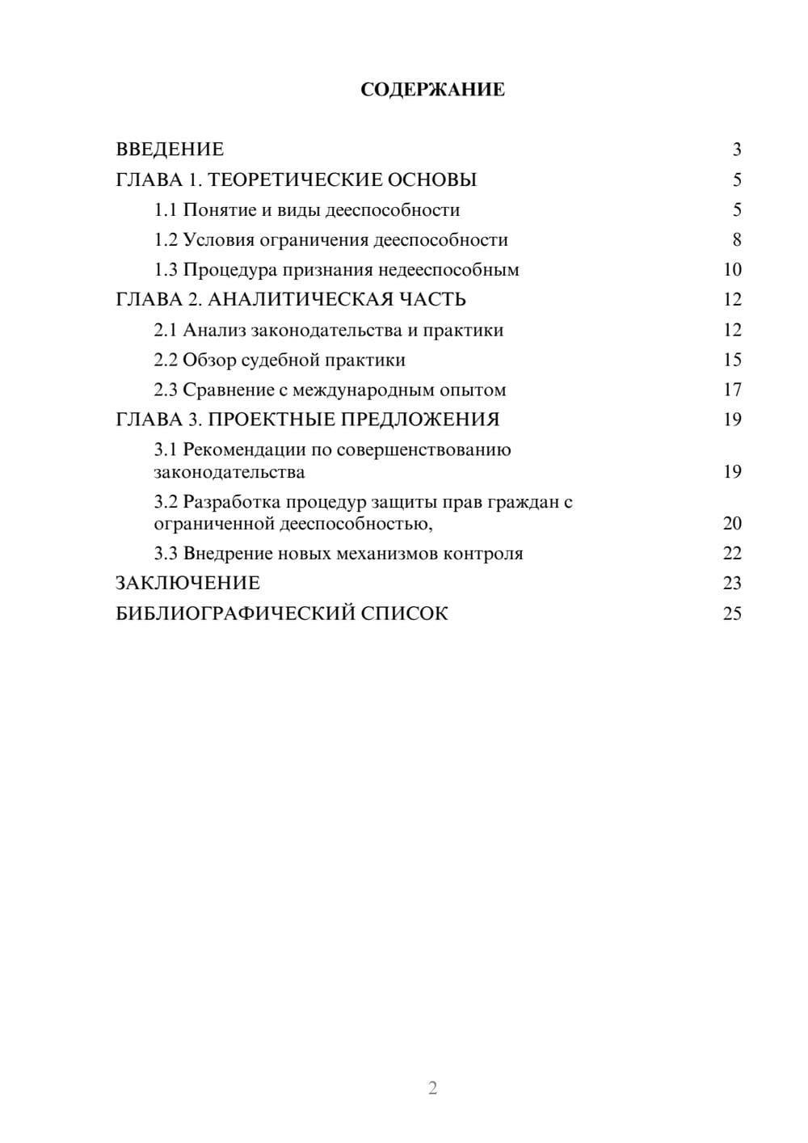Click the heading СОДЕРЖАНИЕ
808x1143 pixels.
pyautogui.click(x=432, y=90)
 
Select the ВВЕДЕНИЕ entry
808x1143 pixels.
pyautogui.click(x=170, y=150)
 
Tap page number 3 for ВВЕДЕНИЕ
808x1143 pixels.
pyautogui.click(x=737, y=150)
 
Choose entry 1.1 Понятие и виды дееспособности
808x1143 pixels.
pyautogui.click(x=307, y=210)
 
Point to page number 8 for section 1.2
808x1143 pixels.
pyautogui.click(x=737, y=240)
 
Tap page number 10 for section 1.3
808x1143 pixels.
pyautogui.click(x=732, y=270)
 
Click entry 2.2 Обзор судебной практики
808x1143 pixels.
pyautogui.click(x=280, y=360)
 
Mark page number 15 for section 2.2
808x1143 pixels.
pyautogui.click(x=732, y=360)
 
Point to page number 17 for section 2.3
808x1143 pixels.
pyautogui.click(x=732, y=390)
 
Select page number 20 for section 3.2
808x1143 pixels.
pyautogui.click(x=732, y=523)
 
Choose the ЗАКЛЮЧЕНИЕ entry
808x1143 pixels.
pyautogui.click(x=187, y=584)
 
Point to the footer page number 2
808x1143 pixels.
pyautogui.click(x=432, y=1088)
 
